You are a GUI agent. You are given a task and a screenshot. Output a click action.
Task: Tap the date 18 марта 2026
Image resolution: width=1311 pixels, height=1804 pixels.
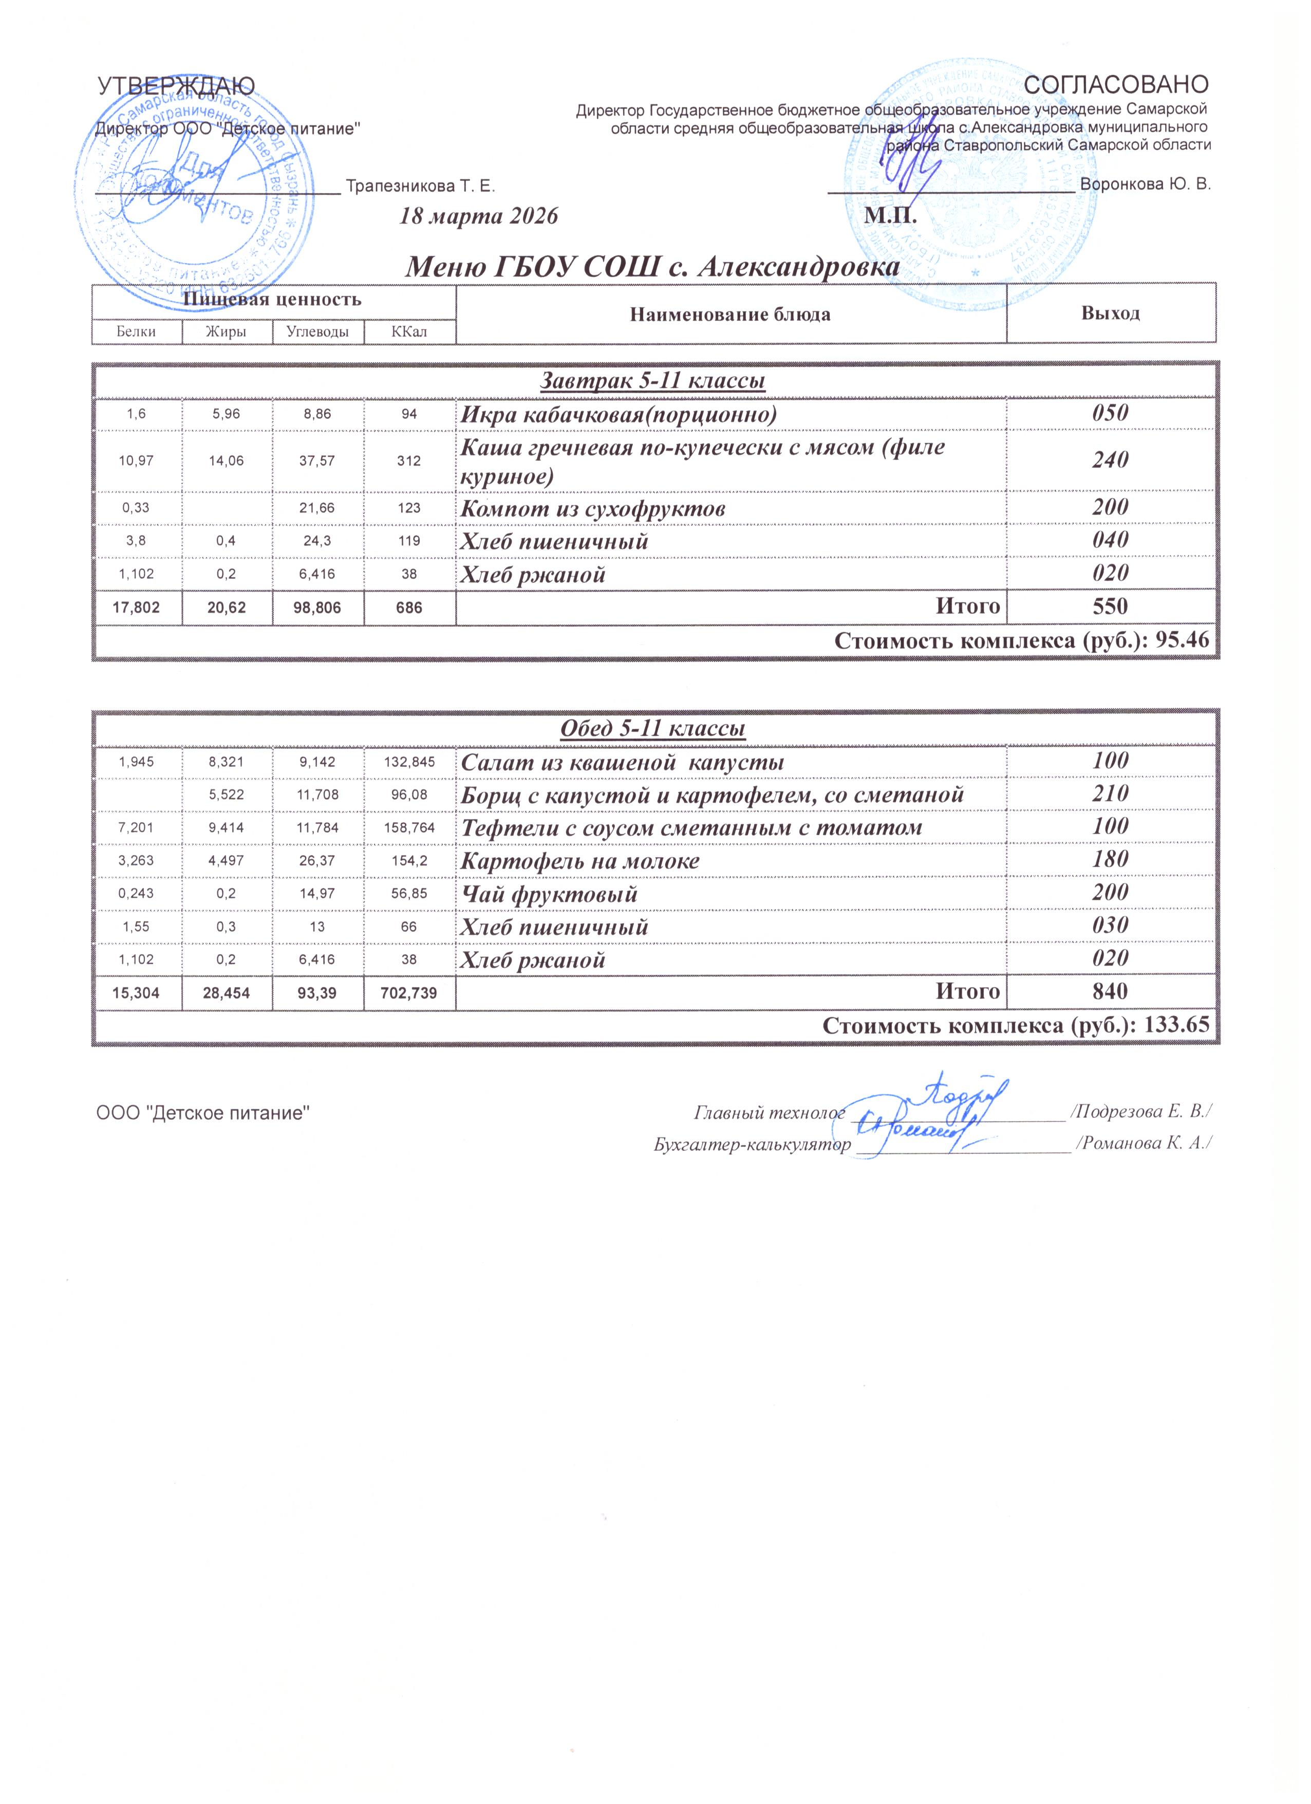click(479, 216)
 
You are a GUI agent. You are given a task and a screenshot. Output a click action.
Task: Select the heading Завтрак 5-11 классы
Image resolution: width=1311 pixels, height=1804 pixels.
click(653, 382)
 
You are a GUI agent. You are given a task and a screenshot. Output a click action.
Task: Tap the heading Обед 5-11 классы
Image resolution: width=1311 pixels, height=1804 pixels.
click(653, 729)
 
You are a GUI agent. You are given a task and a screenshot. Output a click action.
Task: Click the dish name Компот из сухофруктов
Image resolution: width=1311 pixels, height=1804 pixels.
click(593, 508)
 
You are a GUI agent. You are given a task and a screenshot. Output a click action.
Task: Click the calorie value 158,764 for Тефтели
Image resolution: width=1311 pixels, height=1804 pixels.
click(409, 828)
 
